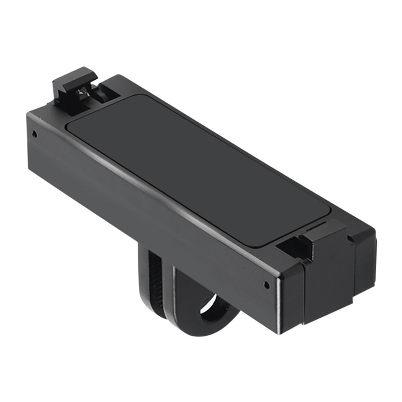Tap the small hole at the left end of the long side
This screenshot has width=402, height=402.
click(35, 134)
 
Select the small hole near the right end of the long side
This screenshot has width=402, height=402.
click(266, 285)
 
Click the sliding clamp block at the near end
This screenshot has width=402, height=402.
click(328, 277)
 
